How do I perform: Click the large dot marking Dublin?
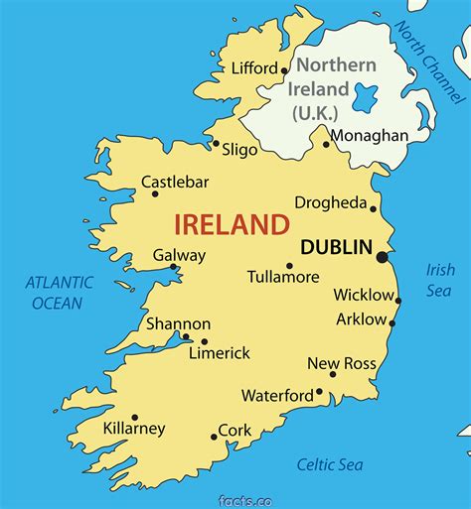click(382, 257)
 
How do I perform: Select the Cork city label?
click(235, 431)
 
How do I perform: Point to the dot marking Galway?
click(173, 266)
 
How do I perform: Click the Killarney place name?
click(134, 429)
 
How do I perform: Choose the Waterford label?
click(277, 395)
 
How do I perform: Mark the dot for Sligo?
click(216, 143)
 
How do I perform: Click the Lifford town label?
click(253, 68)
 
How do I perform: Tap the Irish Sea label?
click(440, 279)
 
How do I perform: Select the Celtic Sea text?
click(330, 464)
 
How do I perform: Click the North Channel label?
click(429, 62)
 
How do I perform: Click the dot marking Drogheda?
click(374, 208)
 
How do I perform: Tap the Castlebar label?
click(176, 182)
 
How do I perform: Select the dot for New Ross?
click(333, 374)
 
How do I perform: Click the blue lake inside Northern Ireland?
click(365, 98)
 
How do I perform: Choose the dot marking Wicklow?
click(398, 301)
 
